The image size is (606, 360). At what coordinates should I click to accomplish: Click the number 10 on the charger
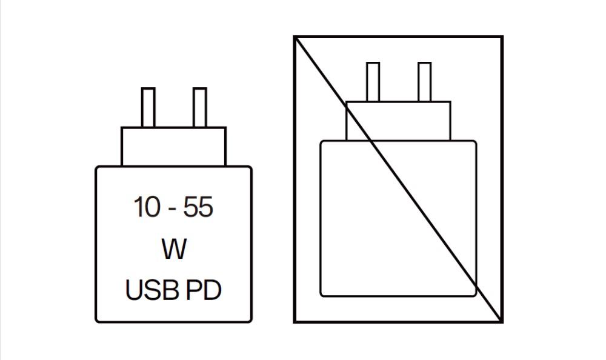click(x=147, y=207)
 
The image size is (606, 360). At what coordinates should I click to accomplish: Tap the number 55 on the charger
click(x=198, y=207)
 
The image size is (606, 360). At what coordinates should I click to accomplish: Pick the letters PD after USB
click(x=204, y=290)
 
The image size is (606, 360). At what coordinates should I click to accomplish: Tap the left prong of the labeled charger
click(x=148, y=107)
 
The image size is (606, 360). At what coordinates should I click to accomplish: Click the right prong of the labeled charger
click(x=200, y=107)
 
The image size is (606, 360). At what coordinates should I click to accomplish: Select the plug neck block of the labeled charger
click(x=173, y=147)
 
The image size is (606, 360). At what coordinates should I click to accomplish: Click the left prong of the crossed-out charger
click(x=373, y=82)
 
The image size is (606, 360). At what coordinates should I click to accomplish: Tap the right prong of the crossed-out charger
click(x=425, y=82)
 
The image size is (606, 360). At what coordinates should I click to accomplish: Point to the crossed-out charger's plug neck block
click(x=399, y=121)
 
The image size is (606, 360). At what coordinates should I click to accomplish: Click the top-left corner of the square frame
click(x=295, y=37)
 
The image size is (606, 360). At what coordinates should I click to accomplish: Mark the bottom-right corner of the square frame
click(x=502, y=321)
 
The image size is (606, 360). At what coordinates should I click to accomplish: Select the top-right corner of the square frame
click(x=502, y=37)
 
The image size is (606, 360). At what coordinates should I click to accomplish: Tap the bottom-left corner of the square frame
click(x=295, y=321)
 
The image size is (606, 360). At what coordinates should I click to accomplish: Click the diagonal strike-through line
click(x=399, y=179)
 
